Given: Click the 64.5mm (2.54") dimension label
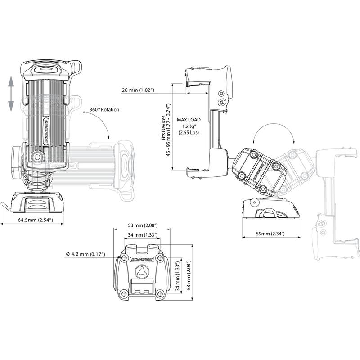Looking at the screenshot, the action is tap(36, 220).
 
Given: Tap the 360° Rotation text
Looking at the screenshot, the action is tap(104, 110).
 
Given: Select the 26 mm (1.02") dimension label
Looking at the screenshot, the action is tap(138, 90).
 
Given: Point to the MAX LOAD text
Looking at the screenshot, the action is tap(189, 120).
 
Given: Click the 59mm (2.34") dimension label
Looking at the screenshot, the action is tap(270, 234).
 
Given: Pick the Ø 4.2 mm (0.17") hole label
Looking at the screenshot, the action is tap(85, 254).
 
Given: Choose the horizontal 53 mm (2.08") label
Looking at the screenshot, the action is tap(143, 225).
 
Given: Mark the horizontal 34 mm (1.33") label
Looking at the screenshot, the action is tap(143, 235).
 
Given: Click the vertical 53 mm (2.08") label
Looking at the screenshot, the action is tap(189, 275).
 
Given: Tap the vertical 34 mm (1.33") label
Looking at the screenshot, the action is tap(177, 276).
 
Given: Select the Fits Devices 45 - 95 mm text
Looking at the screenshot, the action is tap(166, 130).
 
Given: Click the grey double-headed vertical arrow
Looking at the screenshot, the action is tap(11, 94).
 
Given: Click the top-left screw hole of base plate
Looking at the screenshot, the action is tap(124, 257).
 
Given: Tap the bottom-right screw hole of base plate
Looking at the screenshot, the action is tap(159, 294).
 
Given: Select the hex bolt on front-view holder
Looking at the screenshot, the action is tap(37, 157).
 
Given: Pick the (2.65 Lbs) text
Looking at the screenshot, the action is tap(189, 132).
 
